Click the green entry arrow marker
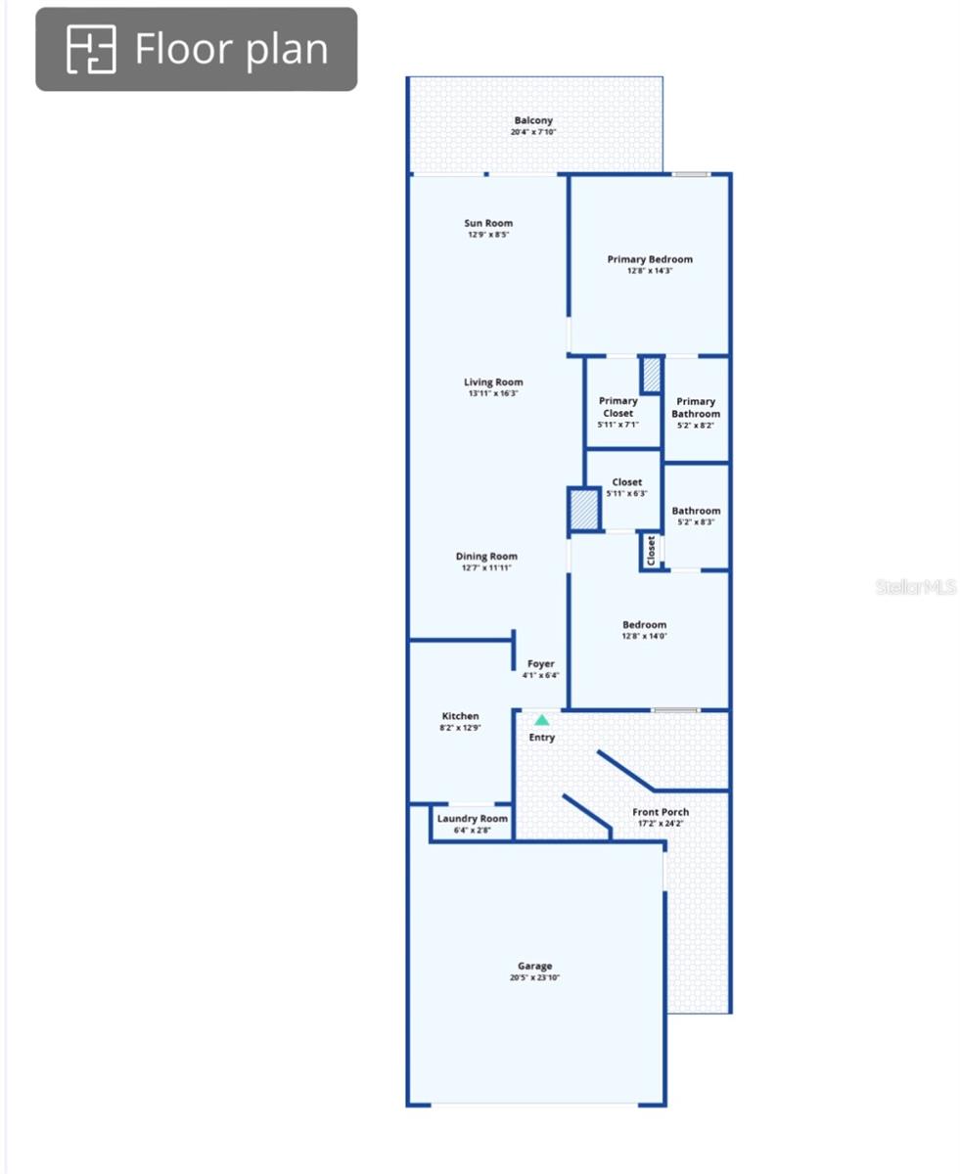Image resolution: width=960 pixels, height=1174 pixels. [542, 720]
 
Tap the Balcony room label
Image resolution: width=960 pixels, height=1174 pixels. [533, 120]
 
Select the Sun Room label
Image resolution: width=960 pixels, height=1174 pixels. [488, 223]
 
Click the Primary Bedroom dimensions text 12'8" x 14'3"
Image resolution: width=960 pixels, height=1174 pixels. [650, 271]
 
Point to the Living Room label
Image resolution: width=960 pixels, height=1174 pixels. [493, 382]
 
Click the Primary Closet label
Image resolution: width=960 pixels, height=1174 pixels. [618, 407]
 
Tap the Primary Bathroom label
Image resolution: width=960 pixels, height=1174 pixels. [696, 408]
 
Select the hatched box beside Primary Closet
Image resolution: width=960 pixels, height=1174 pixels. [652, 374]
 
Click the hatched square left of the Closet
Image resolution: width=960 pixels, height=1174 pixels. [583, 509]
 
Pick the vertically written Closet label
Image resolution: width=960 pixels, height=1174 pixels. [651, 551]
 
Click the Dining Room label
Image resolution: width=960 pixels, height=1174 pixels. [486, 556]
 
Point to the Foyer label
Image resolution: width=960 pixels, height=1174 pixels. [541, 663]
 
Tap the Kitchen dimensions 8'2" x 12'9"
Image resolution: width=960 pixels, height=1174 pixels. [460, 728]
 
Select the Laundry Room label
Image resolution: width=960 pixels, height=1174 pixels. [473, 818]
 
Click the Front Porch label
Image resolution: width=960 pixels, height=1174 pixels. [661, 812]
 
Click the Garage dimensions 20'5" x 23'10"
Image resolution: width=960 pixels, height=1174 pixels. [534, 977]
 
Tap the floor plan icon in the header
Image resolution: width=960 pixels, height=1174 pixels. [91, 49]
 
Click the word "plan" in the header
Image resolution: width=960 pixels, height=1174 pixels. [287, 50]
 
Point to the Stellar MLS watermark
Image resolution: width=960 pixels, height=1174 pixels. [915, 587]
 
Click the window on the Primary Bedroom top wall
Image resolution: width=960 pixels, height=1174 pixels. [691, 174]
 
